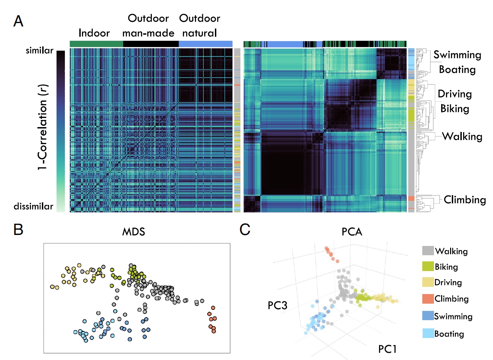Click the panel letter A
(18, 21)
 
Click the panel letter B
(18, 229)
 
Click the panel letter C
(245, 229)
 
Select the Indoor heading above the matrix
(94, 33)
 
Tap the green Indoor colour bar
(96, 44)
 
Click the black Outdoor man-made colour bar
(151, 44)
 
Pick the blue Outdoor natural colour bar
(205, 44)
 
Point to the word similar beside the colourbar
(39, 50)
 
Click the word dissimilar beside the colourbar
(33, 206)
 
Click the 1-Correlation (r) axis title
(43, 127)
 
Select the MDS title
(134, 232)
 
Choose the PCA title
(352, 232)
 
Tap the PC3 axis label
(277, 305)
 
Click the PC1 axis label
(387, 349)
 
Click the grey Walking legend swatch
(428, 251)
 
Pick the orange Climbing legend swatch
(428, 299)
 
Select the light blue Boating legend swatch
(428, 333)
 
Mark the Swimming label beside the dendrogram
(457, 55)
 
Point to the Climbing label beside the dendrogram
(465, 200)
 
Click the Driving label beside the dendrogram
(455, 94)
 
